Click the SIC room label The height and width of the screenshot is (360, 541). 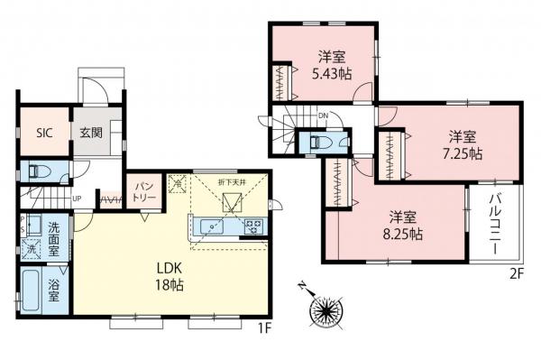44,133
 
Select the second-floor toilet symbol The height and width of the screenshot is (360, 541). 317,143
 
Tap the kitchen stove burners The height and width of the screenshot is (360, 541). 254,226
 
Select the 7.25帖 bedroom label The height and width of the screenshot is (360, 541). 463,145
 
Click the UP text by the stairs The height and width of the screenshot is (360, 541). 78,199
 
